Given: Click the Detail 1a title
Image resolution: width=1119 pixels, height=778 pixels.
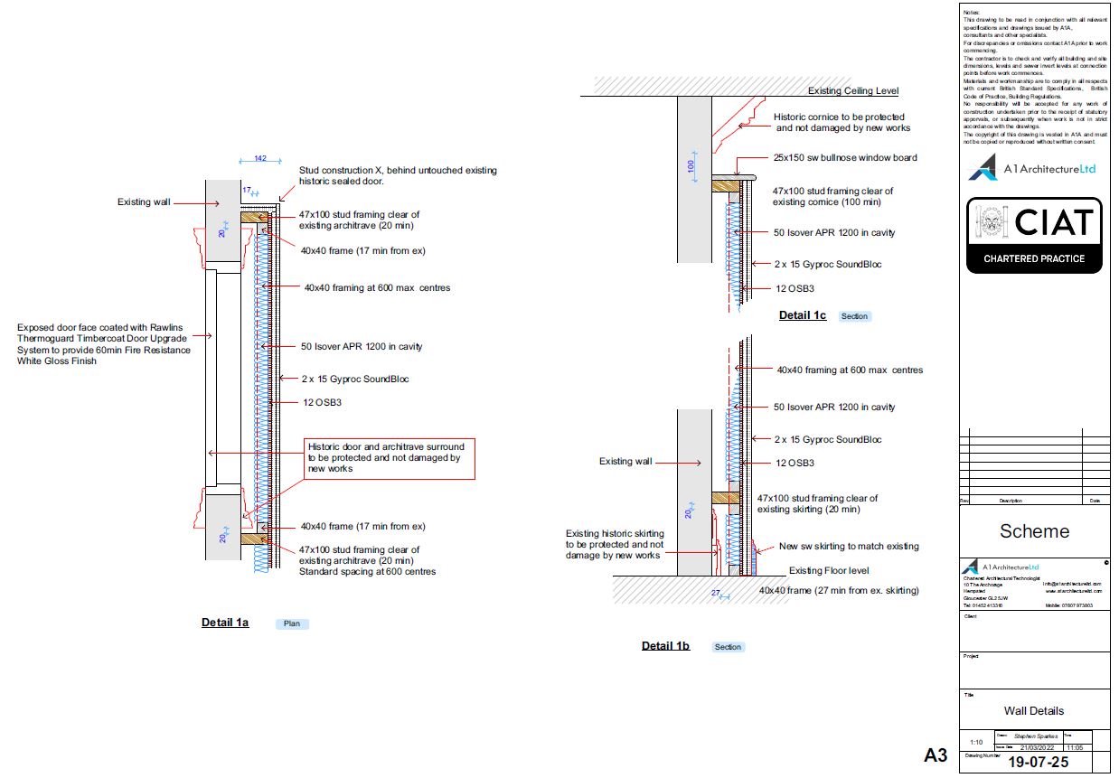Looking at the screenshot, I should click(x=225, y=623).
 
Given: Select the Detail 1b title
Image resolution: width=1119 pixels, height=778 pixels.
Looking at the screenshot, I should click(x=665, y=646).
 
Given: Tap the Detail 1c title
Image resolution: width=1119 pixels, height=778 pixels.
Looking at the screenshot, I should click(x=803, y=315).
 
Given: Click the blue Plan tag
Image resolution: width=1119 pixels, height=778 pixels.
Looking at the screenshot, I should click(x=292, y=623).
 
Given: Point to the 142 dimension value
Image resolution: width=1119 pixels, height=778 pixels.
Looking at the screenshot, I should click(x=259, y=159).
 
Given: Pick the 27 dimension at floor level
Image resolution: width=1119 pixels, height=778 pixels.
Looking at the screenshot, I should click(x=715, y=593).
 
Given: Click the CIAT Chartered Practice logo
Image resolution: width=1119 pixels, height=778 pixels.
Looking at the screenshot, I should click(x=1034, y=235).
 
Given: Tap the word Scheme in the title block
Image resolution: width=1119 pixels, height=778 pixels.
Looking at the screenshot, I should click(x=1034, y=531).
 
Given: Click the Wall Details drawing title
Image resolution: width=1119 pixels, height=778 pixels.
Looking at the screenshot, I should click(x=1034, y=710).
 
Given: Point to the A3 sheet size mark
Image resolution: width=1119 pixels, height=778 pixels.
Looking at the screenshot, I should click(x=936, y=755).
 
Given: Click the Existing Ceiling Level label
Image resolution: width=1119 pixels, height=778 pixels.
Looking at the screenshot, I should click(x=853, y=91).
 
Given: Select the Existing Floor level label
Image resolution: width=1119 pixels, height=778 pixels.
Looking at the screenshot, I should click(x=829, y=571).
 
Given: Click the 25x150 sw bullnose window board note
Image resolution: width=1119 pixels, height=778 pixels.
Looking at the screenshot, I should click(x=844, y=157).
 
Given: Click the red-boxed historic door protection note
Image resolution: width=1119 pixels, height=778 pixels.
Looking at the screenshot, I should click(x=388, y=458).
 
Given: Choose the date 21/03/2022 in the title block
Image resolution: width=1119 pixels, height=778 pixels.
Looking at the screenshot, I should click(x=1036, y=747).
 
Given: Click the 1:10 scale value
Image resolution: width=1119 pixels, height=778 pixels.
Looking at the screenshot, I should click(x=976, y=742).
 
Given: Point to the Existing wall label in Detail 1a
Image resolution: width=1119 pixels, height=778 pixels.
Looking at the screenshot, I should click(x=144, y=202).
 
